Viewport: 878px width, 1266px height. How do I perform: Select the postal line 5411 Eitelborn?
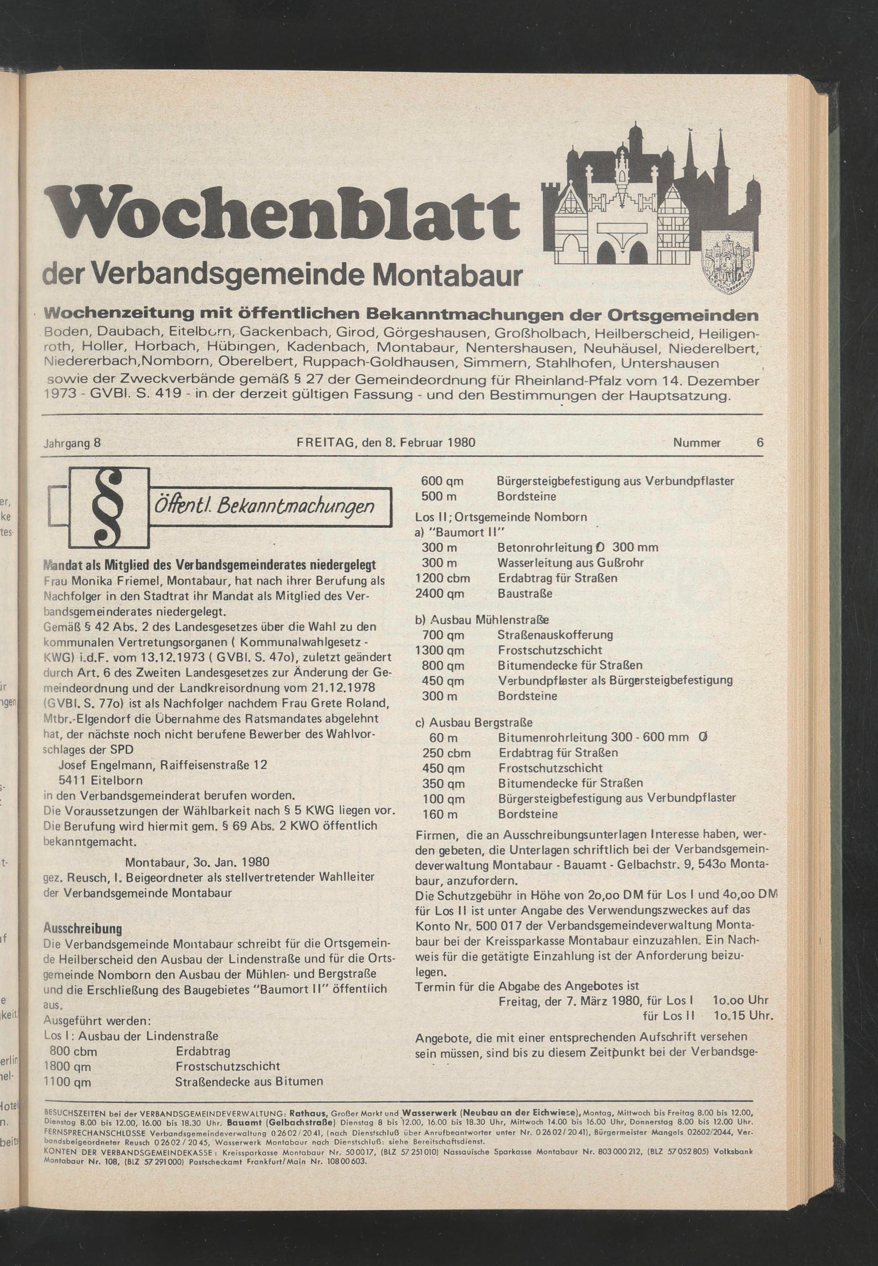tap(100, 781)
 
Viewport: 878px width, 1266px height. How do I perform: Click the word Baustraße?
tap(524, 594)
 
